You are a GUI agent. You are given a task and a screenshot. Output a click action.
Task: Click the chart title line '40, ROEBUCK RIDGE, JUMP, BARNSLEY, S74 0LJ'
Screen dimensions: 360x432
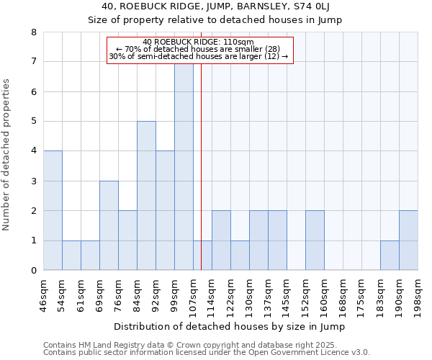(216, 7)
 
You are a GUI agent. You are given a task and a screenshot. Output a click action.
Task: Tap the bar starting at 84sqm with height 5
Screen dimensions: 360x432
(146, 196)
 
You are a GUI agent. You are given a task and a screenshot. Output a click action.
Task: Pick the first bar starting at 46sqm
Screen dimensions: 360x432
(53, 210)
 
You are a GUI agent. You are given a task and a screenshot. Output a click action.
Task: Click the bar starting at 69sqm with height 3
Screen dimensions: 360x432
(109, 225)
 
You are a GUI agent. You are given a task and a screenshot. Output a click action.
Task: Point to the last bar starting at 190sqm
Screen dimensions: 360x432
(408, 240)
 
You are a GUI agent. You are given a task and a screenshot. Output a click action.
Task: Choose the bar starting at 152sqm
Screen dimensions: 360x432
(315, 240)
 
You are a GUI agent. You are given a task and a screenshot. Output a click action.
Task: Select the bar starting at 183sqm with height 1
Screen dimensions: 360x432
(390, 256)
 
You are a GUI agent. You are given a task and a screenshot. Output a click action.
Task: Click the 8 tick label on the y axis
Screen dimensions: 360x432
(34, 32)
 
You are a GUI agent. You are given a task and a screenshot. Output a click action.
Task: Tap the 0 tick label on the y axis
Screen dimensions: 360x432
(34, 271)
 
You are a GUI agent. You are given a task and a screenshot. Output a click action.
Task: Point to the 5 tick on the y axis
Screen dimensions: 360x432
(34, 122)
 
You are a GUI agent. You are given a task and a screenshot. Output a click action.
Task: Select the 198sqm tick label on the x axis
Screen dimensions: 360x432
(418, 295)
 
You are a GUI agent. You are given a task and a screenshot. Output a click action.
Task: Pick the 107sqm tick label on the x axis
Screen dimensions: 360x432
(194, 295)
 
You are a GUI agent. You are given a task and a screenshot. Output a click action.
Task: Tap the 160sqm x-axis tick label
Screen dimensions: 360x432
(325, 295)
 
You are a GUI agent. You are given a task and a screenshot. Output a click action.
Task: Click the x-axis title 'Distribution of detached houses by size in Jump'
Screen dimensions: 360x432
(230, 327)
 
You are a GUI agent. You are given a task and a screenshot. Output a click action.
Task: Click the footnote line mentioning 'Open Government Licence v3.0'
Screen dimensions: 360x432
(207, 353)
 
